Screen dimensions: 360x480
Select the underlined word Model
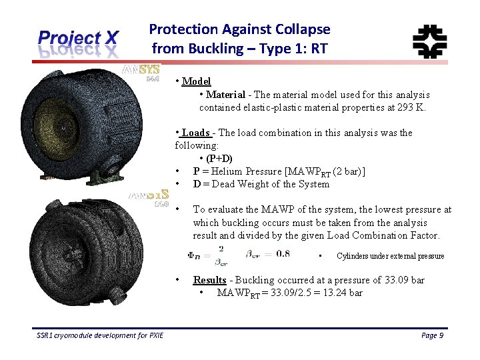click(x=196, y=81)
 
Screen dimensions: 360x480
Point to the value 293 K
click(x=409, y=107)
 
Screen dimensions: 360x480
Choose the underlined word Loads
click(x=196, y=133)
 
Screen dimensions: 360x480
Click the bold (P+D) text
click(x=219, y=159)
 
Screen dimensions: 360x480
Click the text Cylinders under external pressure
click(x=390, y=256)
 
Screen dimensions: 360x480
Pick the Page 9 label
click(x=433, y=335)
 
